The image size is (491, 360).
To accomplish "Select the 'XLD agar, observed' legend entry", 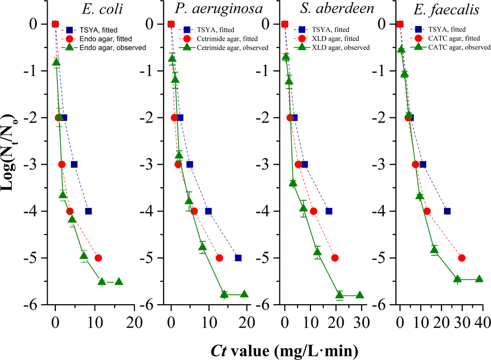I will click(x=331, y=47).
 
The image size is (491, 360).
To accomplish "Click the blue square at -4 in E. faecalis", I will click(x=447, y=211).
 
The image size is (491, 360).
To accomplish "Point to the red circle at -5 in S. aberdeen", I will click(x=335, y=258).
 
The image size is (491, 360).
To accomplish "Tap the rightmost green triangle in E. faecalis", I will click(x=479, y=278).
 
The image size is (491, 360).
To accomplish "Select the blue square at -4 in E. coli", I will click(x=88, y=211).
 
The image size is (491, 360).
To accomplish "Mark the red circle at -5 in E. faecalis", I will click(x=462, y=258).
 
